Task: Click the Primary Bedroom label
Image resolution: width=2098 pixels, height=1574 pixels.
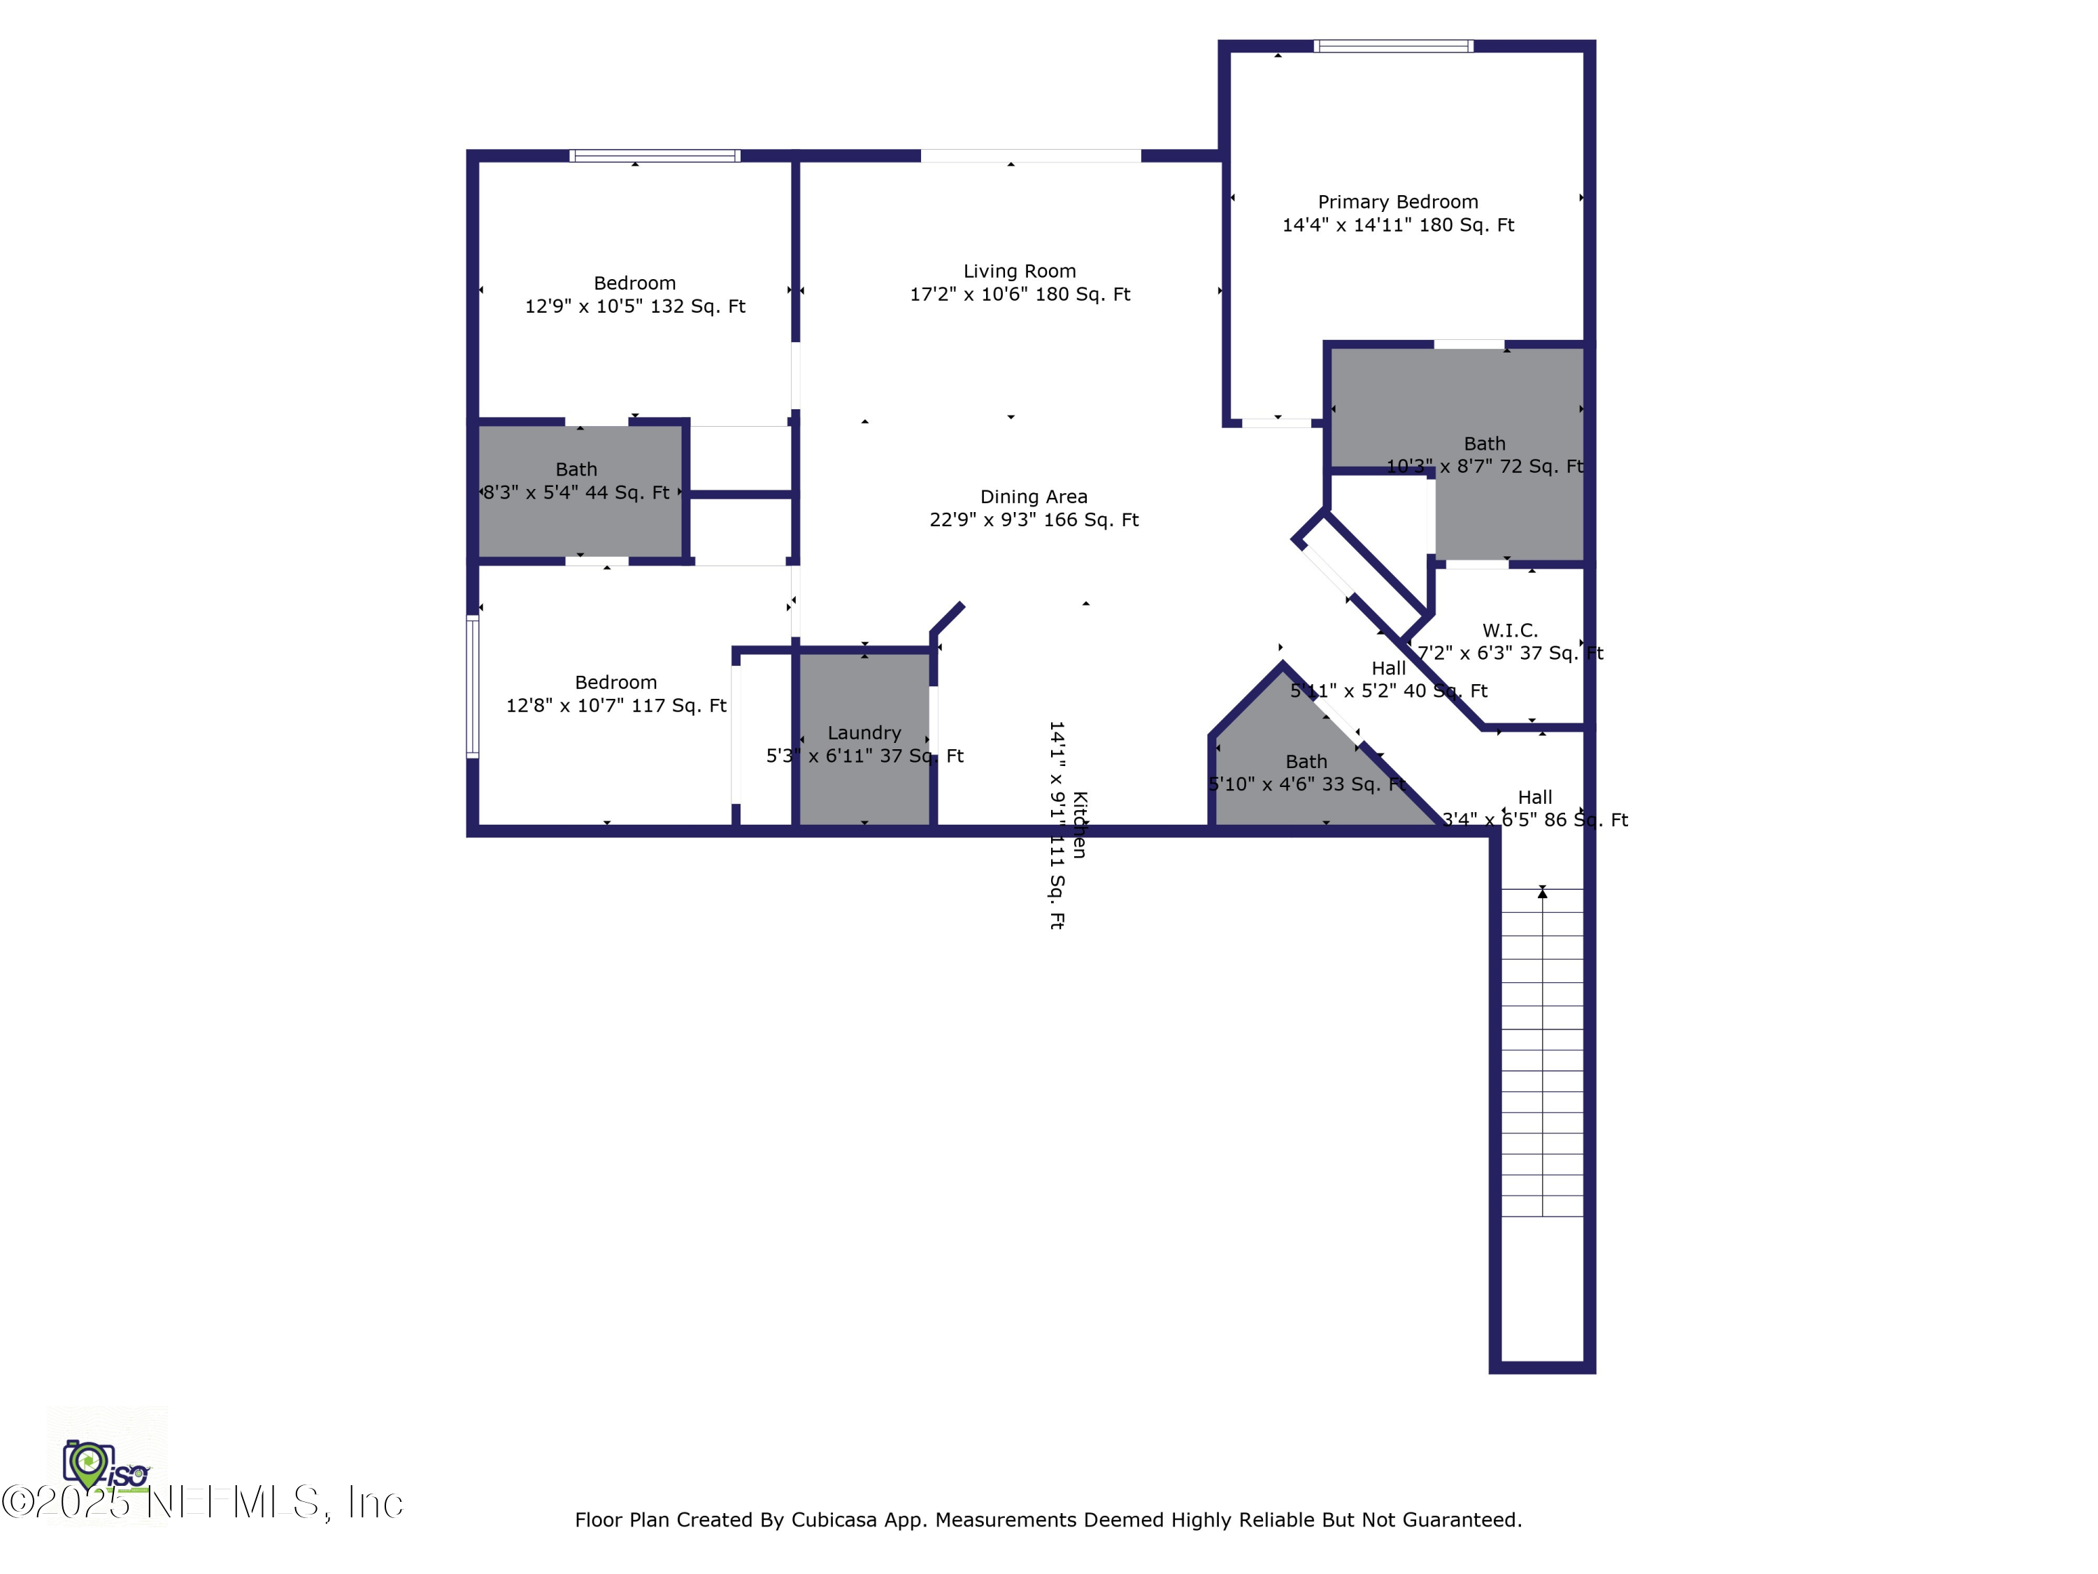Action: (x=1397, y=202)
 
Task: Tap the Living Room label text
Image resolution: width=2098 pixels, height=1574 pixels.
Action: (x=1020, y=271)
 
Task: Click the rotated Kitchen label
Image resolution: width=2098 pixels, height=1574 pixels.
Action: (x=1079, y=825)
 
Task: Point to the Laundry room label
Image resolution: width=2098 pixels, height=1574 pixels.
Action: (x=864, y=732)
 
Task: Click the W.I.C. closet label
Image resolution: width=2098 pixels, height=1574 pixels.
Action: (x=1509, y=630)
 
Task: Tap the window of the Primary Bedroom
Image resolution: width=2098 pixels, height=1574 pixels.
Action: (x=1392, y=45)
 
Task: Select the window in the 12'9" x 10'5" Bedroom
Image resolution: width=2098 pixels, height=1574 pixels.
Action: (x=655, y=155)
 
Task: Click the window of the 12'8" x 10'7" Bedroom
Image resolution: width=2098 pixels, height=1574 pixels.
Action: (x=472, y=686)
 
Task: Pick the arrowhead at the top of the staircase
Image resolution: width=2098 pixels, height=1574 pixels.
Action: (x=1542, y=893)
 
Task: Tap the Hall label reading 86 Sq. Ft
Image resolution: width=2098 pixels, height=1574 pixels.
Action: (x=1534, y=797)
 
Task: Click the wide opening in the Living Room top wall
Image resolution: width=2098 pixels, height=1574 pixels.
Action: (x=1030, y=155)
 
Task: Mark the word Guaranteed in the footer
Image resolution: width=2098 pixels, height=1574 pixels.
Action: (x=1461, y=1520)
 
